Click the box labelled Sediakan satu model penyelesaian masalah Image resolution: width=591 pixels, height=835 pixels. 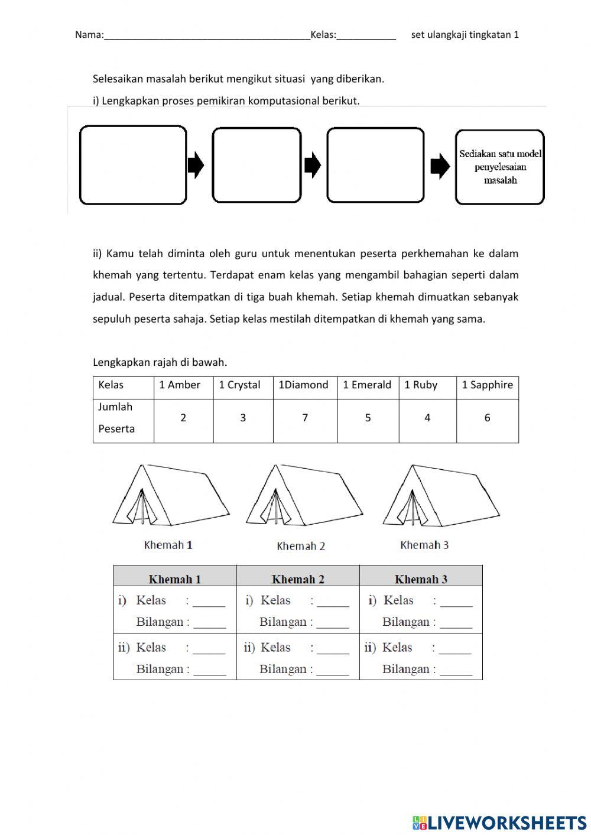[500, 167]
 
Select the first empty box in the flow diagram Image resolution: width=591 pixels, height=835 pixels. [133, 165]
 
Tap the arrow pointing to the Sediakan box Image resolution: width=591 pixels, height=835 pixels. [440, 167]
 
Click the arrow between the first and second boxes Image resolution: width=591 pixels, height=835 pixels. [196, 165]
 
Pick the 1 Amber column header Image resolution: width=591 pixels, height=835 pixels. [180, 385]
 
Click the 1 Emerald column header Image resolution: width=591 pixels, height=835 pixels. [367, 385]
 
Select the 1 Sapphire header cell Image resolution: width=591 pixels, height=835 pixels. [487, 385]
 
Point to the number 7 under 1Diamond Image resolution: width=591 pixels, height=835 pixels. [305, 418]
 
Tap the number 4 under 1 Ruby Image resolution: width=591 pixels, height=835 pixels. [427, 418]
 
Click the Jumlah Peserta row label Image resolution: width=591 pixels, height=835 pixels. [116, 418]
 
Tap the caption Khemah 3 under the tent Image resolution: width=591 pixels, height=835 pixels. [424, 545]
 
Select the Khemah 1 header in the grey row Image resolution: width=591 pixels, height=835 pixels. [175, 579]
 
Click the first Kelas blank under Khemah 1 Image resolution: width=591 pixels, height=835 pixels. [209, 602]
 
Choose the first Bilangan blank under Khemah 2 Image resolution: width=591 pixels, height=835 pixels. [333, 623]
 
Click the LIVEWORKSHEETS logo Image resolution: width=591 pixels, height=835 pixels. [499, 822]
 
